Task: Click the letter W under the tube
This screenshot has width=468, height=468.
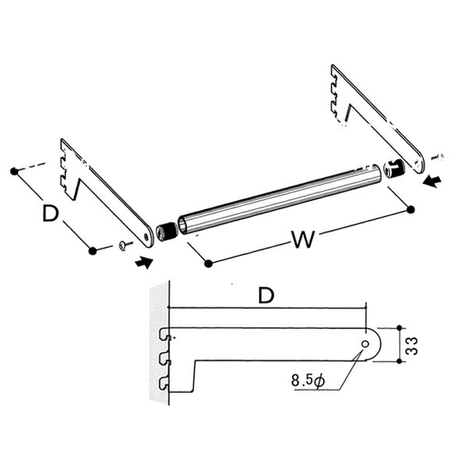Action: coord(303,239)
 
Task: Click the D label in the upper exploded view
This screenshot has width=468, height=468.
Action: coord(51,213)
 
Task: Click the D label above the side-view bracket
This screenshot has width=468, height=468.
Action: coord(266,295)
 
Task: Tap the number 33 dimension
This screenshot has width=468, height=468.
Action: coord(412,346)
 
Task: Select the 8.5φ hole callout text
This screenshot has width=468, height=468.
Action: coord(308,381)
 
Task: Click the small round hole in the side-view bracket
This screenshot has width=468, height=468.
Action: coord(365,344)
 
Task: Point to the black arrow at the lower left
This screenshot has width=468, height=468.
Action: coord(144,263)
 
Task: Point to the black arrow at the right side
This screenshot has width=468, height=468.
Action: coord(432,181)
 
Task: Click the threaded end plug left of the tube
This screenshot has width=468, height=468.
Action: coord(167,232)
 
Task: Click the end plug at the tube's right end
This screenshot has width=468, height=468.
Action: coord(395,169)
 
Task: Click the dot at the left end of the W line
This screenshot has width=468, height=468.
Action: coord(208,264)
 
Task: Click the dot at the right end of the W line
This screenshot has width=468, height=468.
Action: coord(411,210)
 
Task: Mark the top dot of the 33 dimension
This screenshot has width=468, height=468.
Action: coord(399,328)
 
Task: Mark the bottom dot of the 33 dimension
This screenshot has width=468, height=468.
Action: coord(399,361)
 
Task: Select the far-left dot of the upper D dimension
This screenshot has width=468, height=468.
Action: coord(14,172)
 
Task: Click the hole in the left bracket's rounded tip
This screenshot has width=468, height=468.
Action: coord(146,236)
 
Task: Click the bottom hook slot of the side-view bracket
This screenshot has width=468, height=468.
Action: coord(164,384)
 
